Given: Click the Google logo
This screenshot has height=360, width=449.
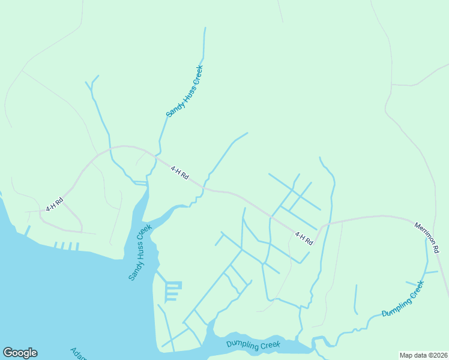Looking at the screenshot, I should coord(20,353).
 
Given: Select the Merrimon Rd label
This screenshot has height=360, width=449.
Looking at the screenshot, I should coord(427,238).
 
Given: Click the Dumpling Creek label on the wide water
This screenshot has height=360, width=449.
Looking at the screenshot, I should coord(253,345).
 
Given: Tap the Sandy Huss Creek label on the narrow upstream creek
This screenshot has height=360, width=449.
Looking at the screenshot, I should coord(185,91).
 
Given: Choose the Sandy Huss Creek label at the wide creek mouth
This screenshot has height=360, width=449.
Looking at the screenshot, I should coord(140,253).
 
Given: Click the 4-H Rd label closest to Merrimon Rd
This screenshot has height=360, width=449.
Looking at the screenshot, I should coord(304,238).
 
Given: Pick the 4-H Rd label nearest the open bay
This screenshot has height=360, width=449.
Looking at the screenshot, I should coord(55,205).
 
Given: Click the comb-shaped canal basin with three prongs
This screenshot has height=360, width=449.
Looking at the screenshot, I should coord(172,291).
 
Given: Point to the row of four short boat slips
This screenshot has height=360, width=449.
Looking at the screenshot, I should coord(66,245).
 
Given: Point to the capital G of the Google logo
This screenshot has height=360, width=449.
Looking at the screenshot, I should coord(8,353).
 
